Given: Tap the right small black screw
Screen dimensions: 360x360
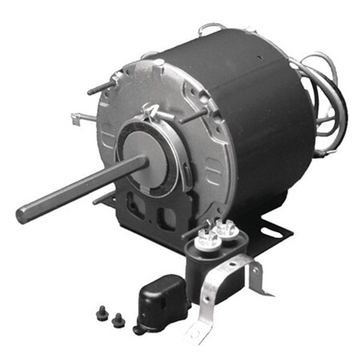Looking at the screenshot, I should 117,319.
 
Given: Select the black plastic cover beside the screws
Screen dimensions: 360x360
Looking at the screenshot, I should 157,302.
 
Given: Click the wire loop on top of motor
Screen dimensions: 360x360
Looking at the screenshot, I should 211,27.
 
